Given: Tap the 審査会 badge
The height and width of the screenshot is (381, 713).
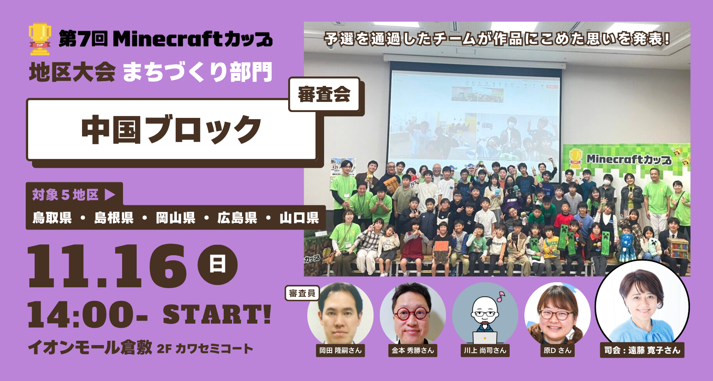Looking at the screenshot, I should [324, 94].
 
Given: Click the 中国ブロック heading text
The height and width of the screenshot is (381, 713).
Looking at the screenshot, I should [171, 130].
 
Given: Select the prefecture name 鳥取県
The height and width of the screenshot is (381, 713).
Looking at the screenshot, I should [52, 217].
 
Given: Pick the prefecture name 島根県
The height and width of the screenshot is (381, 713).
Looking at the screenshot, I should [114, 217].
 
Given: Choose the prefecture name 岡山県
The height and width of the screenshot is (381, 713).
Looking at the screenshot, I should [176, 217].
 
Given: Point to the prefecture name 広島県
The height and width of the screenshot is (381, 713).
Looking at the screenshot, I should [237, 217].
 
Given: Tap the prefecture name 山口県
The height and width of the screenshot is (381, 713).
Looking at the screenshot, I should [299, 217].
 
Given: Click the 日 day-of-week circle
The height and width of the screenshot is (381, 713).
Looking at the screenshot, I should [217, 264].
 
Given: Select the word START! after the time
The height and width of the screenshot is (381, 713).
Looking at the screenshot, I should [217, 315].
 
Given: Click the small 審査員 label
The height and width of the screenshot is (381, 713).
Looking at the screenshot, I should [302, 293].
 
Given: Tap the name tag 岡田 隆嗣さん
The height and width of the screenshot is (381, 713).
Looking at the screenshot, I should [340, 351].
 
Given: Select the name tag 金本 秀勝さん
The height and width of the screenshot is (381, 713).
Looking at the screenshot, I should [413, 351].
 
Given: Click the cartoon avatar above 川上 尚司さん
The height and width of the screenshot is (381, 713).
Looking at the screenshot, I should [485, 316].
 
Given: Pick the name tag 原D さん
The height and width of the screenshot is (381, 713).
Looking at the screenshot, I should [557, 351].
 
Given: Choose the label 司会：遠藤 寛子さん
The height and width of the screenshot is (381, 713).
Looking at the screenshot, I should [642, 350].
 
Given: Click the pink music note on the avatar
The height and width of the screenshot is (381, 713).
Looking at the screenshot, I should [501, 297].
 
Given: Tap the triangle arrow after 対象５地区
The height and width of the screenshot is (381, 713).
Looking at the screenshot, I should [110, 194].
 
